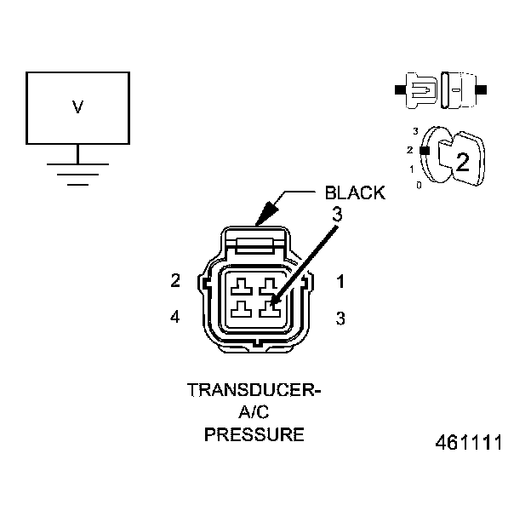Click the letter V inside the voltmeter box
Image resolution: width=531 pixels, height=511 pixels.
77,107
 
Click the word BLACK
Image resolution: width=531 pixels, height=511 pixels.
355,192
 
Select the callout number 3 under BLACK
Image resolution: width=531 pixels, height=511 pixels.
337,215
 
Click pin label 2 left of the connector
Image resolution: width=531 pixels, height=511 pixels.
175,280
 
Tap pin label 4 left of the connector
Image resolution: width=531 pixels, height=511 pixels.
175,318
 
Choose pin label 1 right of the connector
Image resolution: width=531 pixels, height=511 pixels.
340,280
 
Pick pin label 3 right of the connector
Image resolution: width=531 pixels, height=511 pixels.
340,319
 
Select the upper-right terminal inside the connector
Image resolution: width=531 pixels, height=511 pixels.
269,286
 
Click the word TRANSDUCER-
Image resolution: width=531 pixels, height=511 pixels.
254,392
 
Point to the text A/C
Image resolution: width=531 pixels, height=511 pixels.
254,413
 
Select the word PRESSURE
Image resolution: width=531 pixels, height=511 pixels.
254,434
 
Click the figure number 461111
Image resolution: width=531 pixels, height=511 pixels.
469,444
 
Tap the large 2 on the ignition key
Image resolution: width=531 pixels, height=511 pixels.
462,162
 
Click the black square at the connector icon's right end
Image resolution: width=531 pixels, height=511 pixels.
482,89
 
